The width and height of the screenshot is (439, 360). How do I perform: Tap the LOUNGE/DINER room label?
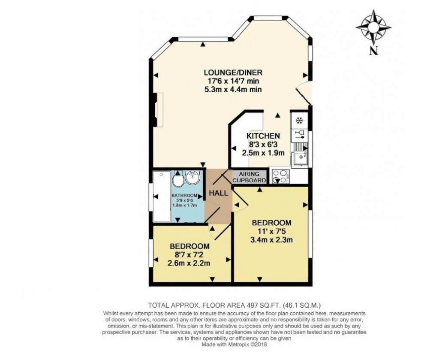[x=233, y=72]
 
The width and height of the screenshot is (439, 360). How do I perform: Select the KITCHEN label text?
[x=263, y=136]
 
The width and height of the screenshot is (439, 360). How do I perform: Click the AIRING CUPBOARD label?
[x=250, y=177]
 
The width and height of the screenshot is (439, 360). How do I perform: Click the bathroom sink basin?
[x=192, y=177]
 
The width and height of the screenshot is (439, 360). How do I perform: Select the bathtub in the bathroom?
[x=162, y=196]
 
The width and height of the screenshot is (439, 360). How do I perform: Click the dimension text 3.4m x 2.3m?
[x=271, y=240]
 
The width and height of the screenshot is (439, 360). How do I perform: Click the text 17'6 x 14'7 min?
[x=233, y=81]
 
